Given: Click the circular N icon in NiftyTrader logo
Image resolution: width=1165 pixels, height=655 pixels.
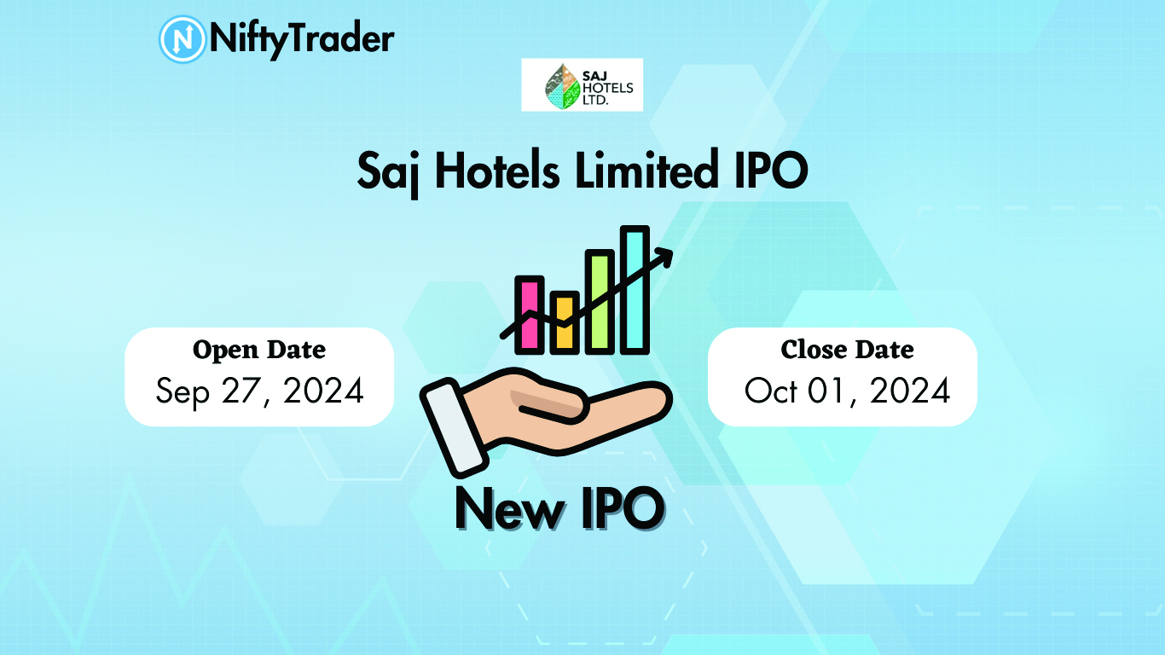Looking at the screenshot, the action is coord(183,39).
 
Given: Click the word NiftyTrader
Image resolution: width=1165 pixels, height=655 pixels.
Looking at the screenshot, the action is coord(302,39).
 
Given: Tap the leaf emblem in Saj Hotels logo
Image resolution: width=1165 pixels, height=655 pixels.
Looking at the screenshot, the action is coord(562,86).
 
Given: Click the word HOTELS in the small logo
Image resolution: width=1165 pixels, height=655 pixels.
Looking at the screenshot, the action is coord(607,88).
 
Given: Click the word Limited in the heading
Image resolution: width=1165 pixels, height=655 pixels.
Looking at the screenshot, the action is coord(646,169).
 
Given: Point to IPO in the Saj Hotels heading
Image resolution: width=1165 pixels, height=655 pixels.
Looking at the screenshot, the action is coord(771,170).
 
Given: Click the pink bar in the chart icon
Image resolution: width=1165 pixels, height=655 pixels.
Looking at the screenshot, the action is coord(530,315).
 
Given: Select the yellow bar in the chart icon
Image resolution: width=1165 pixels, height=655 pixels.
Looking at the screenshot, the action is coord(565,322).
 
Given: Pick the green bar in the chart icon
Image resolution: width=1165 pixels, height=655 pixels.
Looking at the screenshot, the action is coord(600,302).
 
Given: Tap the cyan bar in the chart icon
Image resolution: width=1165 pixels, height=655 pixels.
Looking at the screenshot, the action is coord(635,290).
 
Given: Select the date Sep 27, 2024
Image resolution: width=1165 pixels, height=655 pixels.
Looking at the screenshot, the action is coord(259,391).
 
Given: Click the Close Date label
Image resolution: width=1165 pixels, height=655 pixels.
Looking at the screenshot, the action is coord(847,350).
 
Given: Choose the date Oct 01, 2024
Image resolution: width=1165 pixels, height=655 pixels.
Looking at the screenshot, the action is coord(847,391).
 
